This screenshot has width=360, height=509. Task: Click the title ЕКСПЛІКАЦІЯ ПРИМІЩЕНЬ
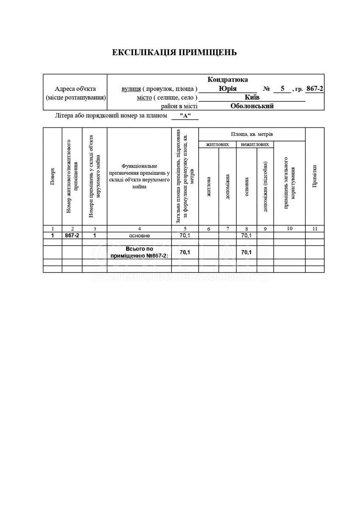(174, 53)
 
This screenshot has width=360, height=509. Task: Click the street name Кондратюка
(228, 80)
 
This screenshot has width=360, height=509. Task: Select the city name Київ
(253, 98)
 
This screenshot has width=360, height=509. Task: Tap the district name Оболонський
(252, 106)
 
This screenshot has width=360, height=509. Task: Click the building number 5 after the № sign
(282, 89)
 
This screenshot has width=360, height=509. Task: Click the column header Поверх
(52, 176)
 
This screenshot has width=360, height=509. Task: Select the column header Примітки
(315, 176)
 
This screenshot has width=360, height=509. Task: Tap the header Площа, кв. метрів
(252, 134)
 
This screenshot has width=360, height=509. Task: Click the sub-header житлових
(217, 144)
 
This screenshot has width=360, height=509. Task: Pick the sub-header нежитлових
(255, 144)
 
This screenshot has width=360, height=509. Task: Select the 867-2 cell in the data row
(72, 235)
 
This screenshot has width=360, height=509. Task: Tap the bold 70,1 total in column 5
(185, 252)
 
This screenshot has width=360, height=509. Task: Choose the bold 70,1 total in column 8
(246, 252)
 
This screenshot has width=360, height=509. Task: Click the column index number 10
(290, 229)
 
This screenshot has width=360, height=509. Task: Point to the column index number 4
(139, 229)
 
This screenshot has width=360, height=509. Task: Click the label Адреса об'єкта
(75, 89)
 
